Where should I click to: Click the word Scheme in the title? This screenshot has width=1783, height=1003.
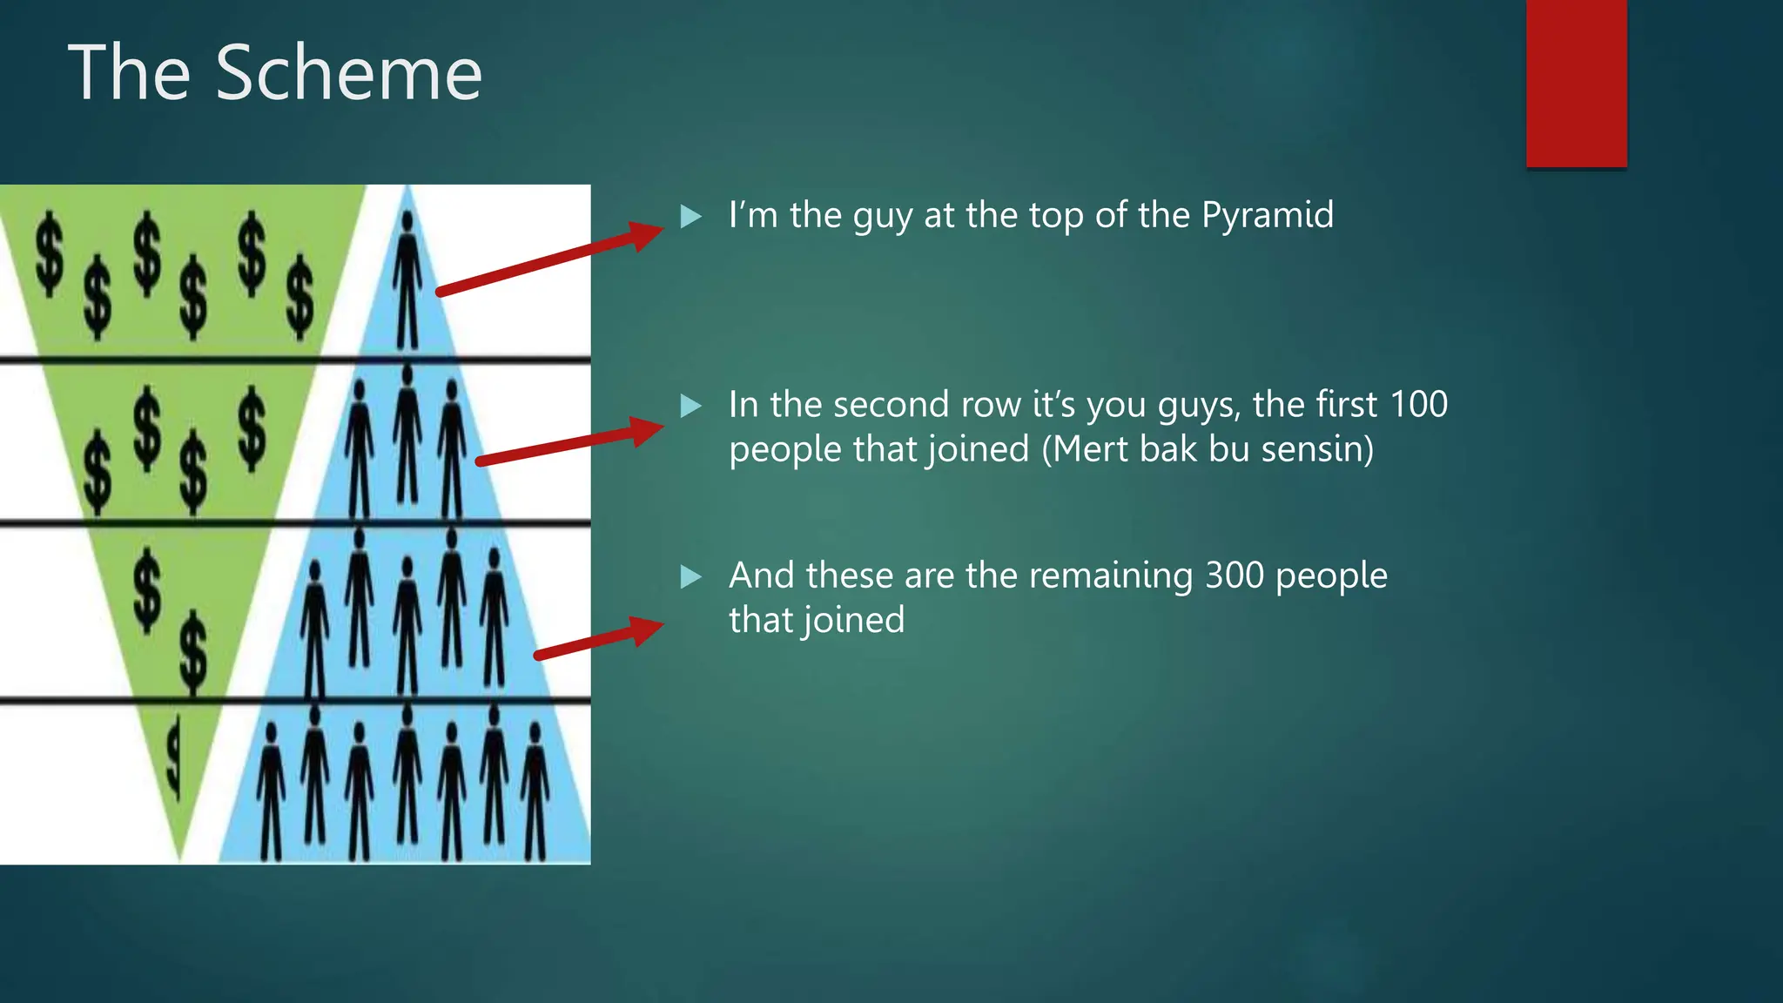[x=348, y=73]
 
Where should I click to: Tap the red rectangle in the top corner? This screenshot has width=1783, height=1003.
[x=1576, y=83]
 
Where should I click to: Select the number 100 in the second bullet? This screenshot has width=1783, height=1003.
[x=1418, y=404]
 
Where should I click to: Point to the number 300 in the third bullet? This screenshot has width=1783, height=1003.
[x=1234, y=576]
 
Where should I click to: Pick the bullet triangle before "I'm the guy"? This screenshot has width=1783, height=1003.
[x=690, y=216]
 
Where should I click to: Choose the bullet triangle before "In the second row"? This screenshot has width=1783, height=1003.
[x=690, y=406]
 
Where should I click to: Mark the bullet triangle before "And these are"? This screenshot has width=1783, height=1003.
[x=690, y=576]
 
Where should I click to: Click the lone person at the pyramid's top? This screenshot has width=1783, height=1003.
[x=407, y=279]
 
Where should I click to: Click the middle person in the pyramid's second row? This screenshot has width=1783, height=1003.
[x=407, y=435]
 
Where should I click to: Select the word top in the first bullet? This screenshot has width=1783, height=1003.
[x=1056, y=216]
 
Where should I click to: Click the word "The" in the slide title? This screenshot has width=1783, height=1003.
[x=129, y=73]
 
